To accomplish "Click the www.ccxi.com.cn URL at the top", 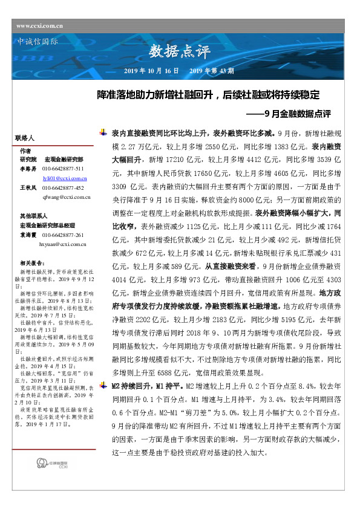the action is [41, 26].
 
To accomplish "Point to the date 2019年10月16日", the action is [151, 71].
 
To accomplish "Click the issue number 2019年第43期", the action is [212, 71].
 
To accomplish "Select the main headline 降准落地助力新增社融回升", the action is [208, 96].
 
